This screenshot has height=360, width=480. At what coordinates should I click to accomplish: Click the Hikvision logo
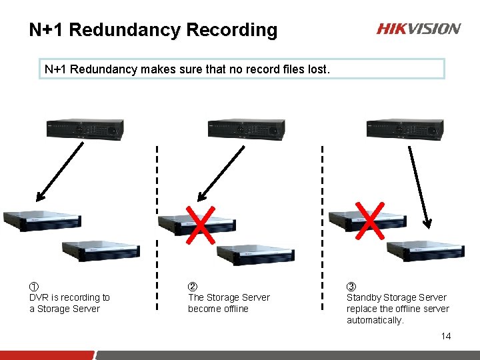pyautogui.click(x=419, y=29)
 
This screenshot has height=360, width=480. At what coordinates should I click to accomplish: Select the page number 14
pyautogui.click(x=446, y=336)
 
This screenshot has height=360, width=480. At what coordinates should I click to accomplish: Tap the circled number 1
pyautogui.click(x=34, y=287)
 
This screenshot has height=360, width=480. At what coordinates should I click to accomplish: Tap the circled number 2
pyautogui.click(x=193, y=287)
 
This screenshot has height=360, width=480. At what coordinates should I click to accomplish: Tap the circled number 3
pyautogui.click(x=351, y=287)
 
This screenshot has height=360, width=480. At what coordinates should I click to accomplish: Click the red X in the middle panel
pyautogui.click(x=200, y=224)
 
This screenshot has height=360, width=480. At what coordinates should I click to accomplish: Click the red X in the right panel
pyautogui.click(x=371, y=219)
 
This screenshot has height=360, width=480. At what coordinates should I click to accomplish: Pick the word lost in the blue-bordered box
pyautogui.click(x=316, y=69)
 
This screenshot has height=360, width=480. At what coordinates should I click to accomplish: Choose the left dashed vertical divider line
pyautogui.click(x=157, y=227)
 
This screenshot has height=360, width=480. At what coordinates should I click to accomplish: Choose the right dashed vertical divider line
pyautogui.click(x=322, y=227)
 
